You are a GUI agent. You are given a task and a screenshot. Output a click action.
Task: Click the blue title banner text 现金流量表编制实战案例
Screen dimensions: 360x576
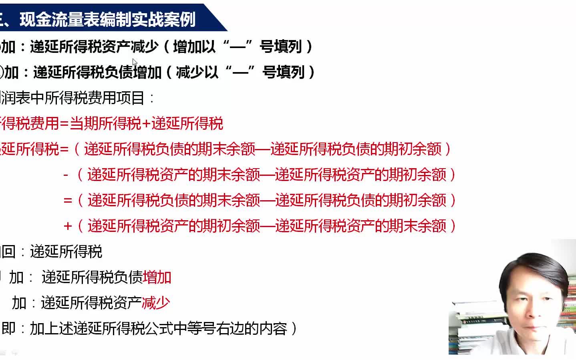[x=107, y=19]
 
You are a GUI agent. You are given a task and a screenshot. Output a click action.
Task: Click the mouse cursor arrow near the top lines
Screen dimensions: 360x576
[x=135, y=62]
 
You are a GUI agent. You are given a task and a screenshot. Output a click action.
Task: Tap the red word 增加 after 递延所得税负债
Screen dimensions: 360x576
[x=157, y=277]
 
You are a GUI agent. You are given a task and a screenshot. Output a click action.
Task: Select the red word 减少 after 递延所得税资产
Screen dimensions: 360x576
[x=156, y=303]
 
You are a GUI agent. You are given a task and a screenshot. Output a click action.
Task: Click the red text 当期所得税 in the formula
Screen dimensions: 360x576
[x=105, y=123]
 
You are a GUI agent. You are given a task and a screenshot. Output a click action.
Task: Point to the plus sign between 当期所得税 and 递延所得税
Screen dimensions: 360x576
[x=146, y=124]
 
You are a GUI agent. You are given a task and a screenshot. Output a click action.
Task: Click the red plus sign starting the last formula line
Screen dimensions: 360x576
[x=68, y=226]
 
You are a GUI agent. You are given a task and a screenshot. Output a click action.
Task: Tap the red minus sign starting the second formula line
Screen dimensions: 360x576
[x=66, y=175]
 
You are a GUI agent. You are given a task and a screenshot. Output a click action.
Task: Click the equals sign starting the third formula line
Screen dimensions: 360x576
[x=68, y=200]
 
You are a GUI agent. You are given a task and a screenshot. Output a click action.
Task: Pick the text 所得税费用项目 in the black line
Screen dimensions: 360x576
[x=94, y=98]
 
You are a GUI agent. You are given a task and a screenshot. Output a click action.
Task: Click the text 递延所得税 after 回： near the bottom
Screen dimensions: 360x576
[x=66, y=251]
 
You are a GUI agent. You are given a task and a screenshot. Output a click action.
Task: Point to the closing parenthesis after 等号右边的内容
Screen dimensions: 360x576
[x=294, y=328]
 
